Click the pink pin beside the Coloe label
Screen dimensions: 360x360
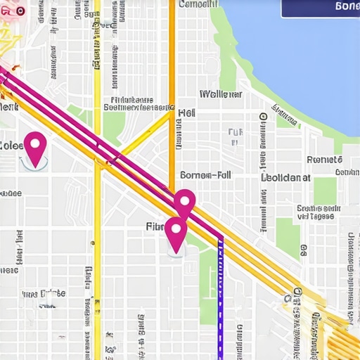coord(34,146)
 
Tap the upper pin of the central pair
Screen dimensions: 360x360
coord(184,202)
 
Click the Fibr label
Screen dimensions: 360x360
coord(155,226)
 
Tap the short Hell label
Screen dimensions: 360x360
coord(186,112)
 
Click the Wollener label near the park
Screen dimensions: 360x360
coord(221,94)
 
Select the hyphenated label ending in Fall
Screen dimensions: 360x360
coord(205,174)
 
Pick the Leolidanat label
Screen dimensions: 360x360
coord(285,178)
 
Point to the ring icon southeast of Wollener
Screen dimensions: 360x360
coord(262,116)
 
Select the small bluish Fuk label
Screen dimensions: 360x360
coord(236,131)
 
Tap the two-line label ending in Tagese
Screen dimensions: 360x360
coord(316,212)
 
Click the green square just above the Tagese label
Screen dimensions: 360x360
coord(326,189)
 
